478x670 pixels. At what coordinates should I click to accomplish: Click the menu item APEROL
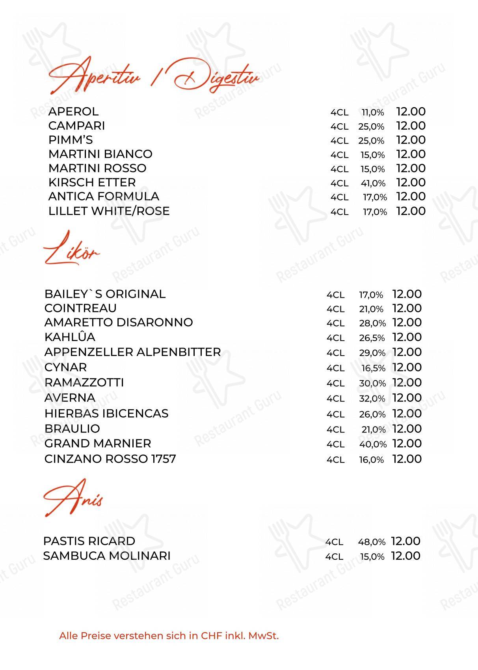[73, 112]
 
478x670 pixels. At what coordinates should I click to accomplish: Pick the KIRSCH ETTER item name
[92, 183]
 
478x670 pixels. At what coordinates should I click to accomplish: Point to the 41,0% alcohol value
[373, 183]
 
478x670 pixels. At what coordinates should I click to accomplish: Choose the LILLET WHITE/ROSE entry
[109, 211]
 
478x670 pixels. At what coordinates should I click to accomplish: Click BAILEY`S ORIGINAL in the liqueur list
[105, 294]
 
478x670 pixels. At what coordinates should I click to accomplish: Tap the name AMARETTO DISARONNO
[119, 323]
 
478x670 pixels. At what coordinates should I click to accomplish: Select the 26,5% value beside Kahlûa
[372, 338]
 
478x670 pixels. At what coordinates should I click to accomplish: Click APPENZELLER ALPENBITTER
[132, 352]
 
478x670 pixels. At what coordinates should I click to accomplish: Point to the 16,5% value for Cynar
[373, 368]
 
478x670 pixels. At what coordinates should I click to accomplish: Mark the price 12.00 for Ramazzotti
[407, 382]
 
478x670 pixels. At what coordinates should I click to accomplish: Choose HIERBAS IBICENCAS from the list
[106, 414]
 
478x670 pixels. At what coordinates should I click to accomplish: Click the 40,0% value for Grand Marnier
[372, 444]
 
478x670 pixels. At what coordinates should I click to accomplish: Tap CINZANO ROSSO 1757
[110, 459]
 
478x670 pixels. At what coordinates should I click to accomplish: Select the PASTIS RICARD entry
[89, 541]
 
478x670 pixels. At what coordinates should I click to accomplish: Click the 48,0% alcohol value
[371, 542]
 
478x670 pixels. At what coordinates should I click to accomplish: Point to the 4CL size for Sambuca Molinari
[334, 557]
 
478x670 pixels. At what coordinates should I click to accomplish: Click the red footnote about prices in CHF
[169, 636]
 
